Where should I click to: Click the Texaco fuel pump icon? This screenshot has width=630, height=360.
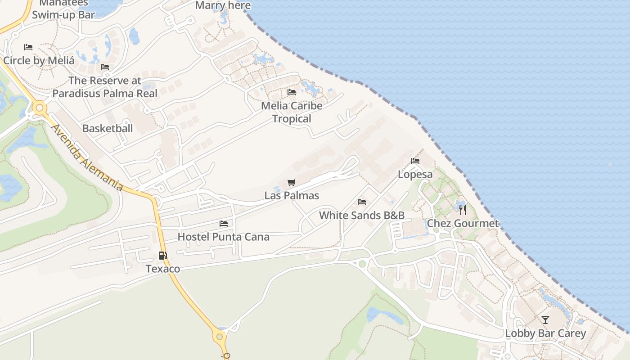click(x=162, y=256)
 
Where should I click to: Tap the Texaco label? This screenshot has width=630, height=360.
click(x=162, y=269)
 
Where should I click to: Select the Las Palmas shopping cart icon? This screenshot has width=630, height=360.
click(x=292, y=182)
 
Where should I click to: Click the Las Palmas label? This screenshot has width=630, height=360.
click(x=292, y=196)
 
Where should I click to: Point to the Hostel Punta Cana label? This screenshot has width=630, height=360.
click(x=224, y=237)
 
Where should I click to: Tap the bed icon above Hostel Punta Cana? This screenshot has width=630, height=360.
click(x=224, y=223)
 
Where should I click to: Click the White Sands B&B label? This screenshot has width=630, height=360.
click(x=362, y=215)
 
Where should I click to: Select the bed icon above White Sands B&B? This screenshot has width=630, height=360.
click(x=362, y=202)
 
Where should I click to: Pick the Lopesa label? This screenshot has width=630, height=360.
click(x=415, y=174)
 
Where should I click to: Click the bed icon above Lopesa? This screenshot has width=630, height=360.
click(x=415, y=161)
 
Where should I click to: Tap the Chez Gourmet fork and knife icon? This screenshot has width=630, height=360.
click(x=463, y=210)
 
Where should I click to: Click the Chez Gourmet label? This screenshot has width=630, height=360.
click(x=463, y=223)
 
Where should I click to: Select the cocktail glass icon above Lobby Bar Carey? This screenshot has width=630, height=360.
click(x=545, y=319)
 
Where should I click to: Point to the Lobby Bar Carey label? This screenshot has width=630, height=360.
click(x=545, y=333)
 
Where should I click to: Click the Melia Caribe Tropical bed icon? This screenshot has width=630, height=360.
click(x=292, y=92)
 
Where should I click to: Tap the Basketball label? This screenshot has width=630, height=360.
click(x=108, y=128)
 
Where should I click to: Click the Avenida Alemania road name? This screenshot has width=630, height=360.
click(x=87, y=157)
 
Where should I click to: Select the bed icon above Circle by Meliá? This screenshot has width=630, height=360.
click(x=28, y=47)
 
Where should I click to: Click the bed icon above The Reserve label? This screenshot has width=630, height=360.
click(x=105, y=67)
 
